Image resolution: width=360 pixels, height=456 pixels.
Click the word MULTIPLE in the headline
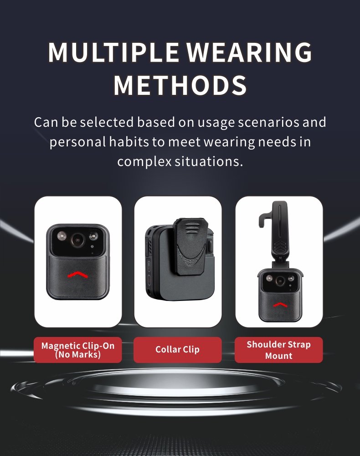[113, 52]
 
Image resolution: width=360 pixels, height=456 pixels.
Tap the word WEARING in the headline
[249, 52]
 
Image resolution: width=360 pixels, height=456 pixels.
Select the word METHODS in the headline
[180, 85]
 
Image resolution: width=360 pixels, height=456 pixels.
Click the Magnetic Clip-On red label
[77, 350]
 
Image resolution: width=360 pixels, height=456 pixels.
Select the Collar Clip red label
[178, 350]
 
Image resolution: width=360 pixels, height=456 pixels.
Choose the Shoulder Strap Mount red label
[278, 350]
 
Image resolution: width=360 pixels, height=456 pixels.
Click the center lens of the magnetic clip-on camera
[77, 240]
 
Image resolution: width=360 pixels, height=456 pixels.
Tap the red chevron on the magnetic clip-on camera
[77, 275]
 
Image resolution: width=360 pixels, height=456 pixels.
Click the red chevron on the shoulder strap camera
[279, 305]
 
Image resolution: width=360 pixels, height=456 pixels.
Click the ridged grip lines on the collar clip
[190, 228]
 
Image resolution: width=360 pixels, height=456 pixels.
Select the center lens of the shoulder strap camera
[280, 281]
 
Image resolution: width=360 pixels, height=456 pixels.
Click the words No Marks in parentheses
[78, 354]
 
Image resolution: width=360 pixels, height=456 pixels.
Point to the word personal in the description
[77, 142]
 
